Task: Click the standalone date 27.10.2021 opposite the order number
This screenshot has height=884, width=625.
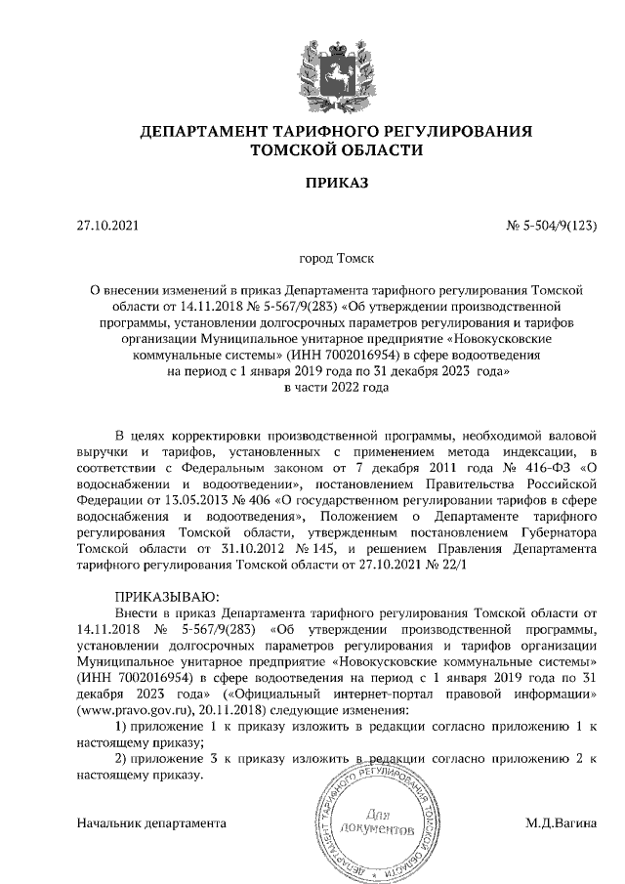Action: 108,227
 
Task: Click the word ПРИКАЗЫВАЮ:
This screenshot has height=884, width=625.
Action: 168,597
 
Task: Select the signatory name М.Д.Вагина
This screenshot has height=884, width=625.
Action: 560,822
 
